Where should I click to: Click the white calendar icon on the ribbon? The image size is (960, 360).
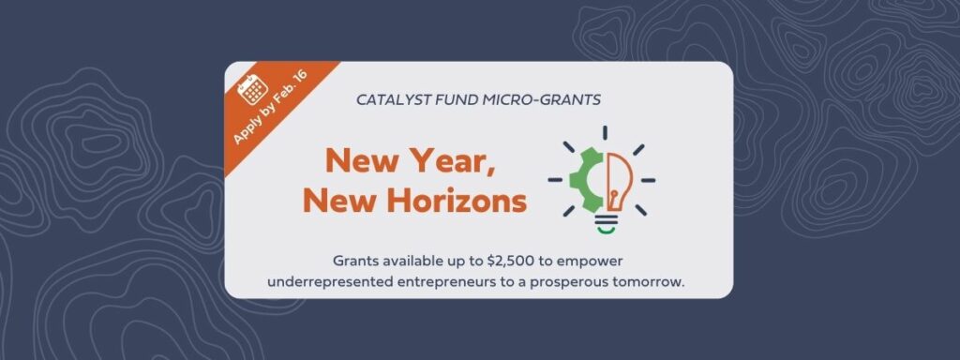point(253,89)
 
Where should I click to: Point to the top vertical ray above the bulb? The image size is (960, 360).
point(605,133)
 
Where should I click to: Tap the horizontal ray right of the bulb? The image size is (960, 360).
point(648,181)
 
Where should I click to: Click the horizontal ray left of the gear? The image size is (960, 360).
point(555,180)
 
